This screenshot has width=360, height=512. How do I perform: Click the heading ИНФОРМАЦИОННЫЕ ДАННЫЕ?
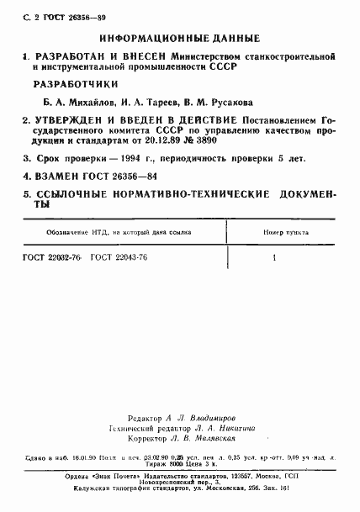click(x=179, y=40)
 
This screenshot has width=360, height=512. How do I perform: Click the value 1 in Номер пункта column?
click(x=274, y=257)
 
